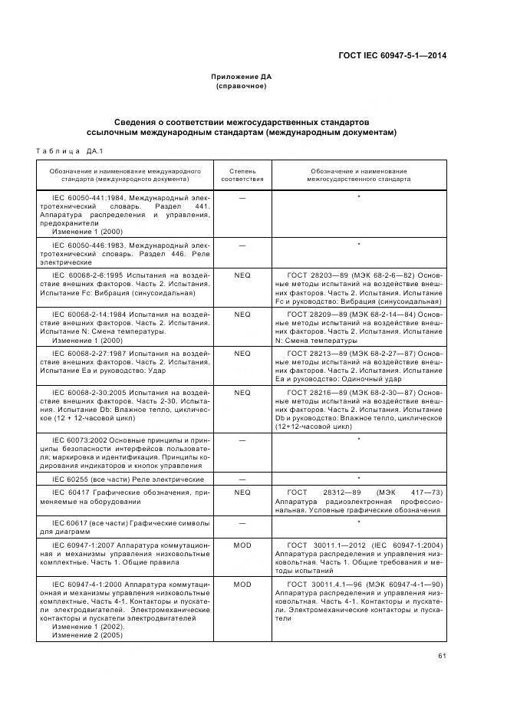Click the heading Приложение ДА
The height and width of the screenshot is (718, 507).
point(242,77)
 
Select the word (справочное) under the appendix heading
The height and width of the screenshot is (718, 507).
point(242,86)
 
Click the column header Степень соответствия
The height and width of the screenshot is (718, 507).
point(242,174)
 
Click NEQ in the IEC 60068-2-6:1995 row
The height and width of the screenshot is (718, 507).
point(242,274)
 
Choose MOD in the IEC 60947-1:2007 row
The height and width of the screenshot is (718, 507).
point(242,544)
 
